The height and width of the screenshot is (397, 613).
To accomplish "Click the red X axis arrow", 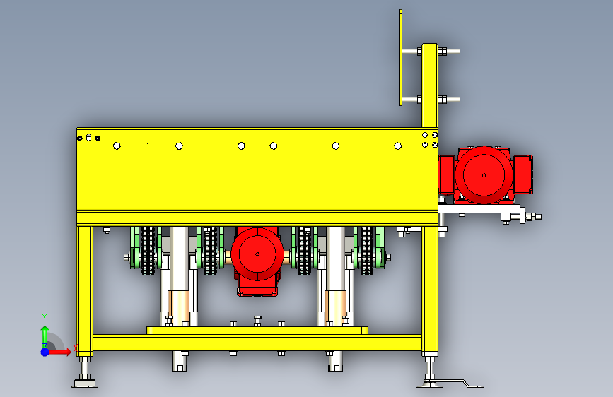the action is pos(59,352).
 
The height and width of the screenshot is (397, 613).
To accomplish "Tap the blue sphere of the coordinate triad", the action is pos(45,352).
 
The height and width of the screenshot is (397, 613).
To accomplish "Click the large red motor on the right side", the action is pos(485,175).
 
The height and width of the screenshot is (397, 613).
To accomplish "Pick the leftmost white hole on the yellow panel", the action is pos(117,146).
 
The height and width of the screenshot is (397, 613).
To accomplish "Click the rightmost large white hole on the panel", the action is pos(398,146).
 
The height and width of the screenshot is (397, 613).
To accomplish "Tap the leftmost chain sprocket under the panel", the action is pos(148,250).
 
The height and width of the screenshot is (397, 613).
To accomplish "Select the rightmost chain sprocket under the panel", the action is pos(367,250).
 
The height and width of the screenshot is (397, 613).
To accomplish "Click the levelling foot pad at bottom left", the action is pos(84,384).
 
